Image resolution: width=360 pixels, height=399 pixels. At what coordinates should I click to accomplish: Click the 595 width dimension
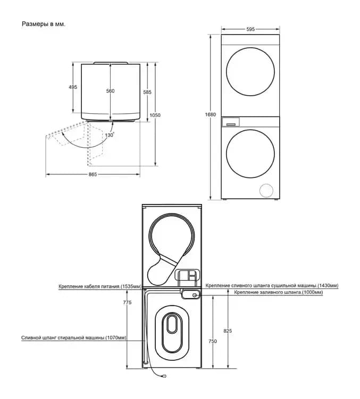[250, 29]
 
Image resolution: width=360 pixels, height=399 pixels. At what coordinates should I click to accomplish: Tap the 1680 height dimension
[211, 115]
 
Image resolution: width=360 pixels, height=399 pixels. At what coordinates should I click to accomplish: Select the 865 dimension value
[93, 174]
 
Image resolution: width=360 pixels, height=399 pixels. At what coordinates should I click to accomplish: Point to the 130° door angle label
[110, 134]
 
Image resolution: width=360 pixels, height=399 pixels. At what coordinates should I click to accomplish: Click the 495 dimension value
[73, 87]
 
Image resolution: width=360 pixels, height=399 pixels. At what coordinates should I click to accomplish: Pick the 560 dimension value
[110, 91]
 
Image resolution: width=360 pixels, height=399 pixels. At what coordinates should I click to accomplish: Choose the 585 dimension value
[147, 92]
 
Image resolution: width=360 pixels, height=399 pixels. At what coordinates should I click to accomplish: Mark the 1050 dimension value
[155, 115]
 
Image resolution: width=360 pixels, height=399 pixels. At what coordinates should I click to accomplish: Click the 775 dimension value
[127, 302]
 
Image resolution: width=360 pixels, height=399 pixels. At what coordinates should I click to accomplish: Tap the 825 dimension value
[228, 331]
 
